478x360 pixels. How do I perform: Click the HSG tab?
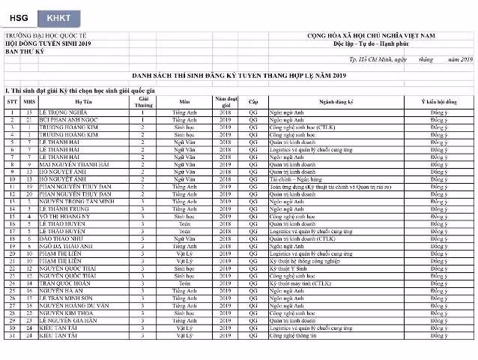point(18,16)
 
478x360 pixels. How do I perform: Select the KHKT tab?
point(58,16)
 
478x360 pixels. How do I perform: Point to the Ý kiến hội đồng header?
point(438,100)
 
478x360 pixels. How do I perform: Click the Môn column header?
point(184,100)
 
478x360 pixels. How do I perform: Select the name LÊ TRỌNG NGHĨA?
point(64,112)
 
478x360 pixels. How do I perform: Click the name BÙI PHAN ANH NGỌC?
point(69,120)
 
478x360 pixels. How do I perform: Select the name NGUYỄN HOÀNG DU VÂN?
point(76,306)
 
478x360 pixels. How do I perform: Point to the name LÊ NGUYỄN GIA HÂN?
point(69,320)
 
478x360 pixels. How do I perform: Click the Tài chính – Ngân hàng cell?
point(296,179)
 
